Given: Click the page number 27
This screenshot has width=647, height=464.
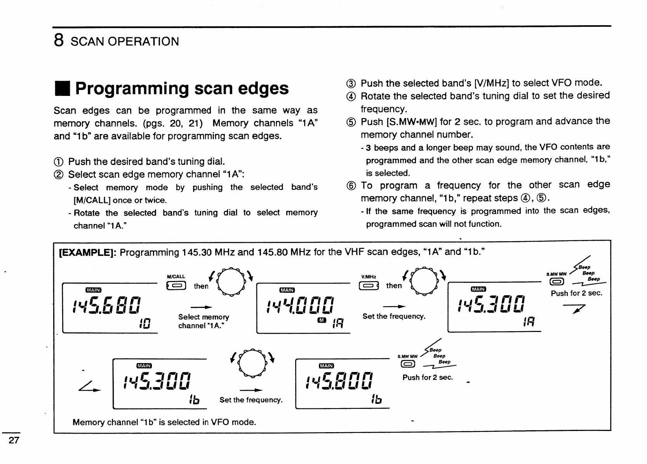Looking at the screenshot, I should pos(14,440).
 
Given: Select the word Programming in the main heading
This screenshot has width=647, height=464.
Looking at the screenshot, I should pos(132,89).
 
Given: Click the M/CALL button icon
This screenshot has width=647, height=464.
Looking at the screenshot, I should pos(176,286).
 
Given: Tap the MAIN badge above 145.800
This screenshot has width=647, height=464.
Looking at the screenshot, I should pos(326,366).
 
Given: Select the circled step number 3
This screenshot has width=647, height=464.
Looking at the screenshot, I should pos(351,83).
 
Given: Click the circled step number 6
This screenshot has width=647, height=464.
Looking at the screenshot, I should pos(351,186).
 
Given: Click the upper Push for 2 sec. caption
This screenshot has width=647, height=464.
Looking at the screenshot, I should pos(576,293).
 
